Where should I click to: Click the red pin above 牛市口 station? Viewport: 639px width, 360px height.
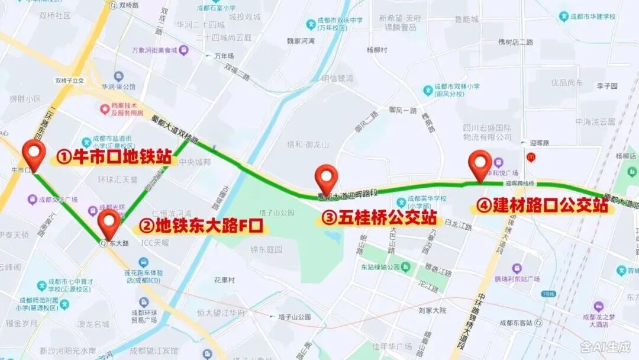point(34,155)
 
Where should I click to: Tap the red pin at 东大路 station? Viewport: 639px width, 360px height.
point(109,223)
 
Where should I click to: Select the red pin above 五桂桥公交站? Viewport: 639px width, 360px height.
point(326,178)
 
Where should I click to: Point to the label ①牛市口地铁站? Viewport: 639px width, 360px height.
point(114,157)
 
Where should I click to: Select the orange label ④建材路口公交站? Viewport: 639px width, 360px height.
point(542,206)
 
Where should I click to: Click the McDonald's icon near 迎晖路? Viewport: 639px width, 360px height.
point(530,156)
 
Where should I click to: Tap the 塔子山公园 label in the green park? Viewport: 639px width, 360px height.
point(279,212)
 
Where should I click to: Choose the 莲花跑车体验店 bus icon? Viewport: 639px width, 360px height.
point(143,262)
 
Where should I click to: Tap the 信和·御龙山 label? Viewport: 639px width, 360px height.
point(307,143)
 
